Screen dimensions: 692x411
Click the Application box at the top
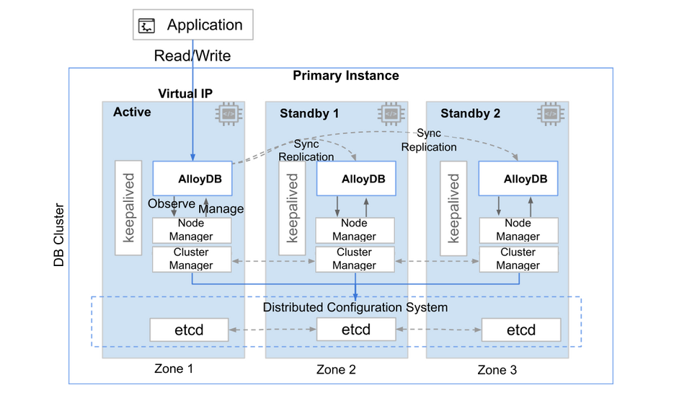(193, 25)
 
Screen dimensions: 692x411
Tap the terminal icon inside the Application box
(146, 26)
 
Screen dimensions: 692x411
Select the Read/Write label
(192, 56)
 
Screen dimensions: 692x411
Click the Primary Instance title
(345, 76)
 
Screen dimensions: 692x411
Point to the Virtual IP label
(185, 94)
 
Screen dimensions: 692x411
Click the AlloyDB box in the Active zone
(192, 178)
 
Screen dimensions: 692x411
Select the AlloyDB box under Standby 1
(356, 178)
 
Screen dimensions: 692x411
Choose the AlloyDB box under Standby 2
(518, 178)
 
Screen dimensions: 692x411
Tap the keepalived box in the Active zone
(128, 208)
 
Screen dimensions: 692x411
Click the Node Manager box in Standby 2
(518, 230)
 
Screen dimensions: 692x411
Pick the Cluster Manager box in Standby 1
(355, 259)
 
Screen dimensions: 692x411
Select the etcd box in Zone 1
(190, 330)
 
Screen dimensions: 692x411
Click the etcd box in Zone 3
(521, 330)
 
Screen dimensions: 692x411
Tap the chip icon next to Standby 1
(391, 114)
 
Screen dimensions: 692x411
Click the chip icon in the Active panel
(229, 114)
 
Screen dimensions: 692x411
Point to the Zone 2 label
(336, 369)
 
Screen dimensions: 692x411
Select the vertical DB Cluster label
(58, 235)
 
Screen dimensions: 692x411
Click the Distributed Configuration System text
(355, 307)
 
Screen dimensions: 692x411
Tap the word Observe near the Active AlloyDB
(172, 203)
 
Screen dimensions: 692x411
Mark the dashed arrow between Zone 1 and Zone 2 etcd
(272, 330)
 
